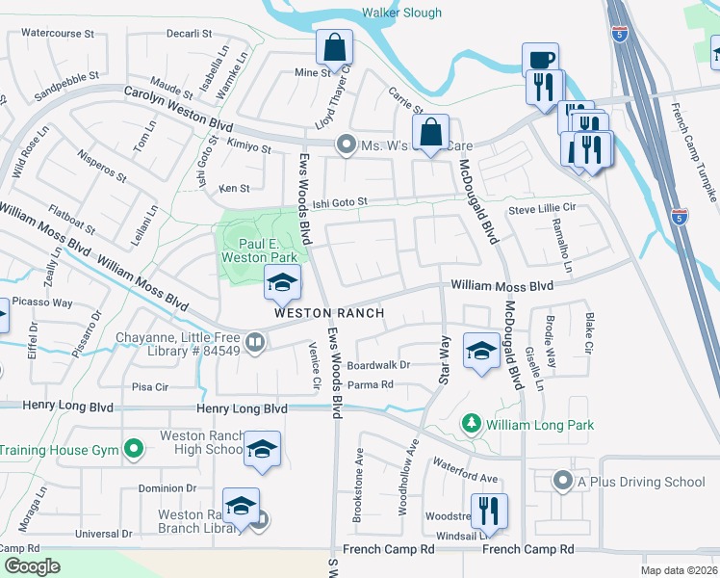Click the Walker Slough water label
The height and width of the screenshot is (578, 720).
[x=401, y=13]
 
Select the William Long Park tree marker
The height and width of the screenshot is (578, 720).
[x=471, y=424]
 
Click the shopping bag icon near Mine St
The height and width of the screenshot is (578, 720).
[x=334, y=45]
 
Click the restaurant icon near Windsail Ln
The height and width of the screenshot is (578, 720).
[x=489, y=511]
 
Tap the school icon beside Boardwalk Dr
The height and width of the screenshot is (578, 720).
[x=480, y=351]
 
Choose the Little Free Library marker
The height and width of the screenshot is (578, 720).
[x=255, y=342]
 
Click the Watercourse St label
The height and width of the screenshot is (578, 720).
[x=58, y=33]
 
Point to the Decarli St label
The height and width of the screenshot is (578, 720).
[x=189, y=33]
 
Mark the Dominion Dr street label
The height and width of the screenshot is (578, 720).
[x=167, y=488]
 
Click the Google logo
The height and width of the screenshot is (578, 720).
[x=32, y=566]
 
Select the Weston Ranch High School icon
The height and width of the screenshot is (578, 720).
[x=261, y=450]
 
